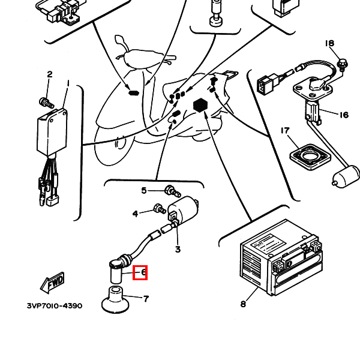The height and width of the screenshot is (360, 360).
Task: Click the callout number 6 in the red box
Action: [x=143, y=272]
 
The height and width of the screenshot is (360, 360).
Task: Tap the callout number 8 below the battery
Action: [x=243, y=304]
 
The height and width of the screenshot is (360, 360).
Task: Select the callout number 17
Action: [x=285, y=131]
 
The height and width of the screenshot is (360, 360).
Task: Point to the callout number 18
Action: [x=329, y=43]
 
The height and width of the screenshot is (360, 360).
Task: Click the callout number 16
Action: [x=344, y=115]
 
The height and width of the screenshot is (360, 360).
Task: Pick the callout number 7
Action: [x=146, y=298]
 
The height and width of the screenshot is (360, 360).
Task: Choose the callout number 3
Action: [x=178, y=249]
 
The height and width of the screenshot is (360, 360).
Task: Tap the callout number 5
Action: [x=144, y=191]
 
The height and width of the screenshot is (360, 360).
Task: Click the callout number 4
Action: [x=136, y=214]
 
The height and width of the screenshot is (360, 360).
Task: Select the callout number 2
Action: [x=50, y=74]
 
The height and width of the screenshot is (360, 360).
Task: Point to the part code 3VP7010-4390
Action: [x=55, y=306]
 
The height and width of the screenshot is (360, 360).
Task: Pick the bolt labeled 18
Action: [x=343, y=62]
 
